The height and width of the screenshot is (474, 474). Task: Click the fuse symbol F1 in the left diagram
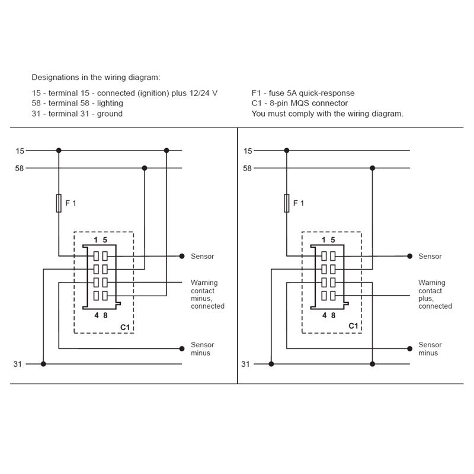[58, 203]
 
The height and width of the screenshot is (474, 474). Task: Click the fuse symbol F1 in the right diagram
[286, 203]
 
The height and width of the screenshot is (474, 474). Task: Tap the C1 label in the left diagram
[125, 326]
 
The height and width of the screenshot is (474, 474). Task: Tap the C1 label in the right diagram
[353, 326]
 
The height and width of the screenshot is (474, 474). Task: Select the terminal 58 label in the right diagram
[247, 168]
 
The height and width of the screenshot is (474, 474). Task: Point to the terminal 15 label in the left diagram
[20, 151]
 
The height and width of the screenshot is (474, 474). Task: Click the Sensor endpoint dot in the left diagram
[182, 257]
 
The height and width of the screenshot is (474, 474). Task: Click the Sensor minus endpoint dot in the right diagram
[409, 349]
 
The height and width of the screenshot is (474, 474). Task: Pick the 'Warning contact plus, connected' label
[434, 294]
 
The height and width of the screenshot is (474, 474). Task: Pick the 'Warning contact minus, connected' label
[207, 294]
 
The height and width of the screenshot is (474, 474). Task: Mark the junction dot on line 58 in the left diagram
[144, 168]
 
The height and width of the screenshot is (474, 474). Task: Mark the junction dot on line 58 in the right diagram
[372, 168]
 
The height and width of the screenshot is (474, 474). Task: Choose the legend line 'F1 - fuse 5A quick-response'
[303, 93]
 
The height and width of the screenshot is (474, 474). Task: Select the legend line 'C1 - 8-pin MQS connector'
[299, 103]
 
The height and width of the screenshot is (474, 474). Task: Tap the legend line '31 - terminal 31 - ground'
[77, 113]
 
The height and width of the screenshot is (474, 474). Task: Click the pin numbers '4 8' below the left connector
[101, 315]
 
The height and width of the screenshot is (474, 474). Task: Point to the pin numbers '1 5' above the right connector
[328, 240]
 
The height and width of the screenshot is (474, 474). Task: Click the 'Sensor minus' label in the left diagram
[202, 349]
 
